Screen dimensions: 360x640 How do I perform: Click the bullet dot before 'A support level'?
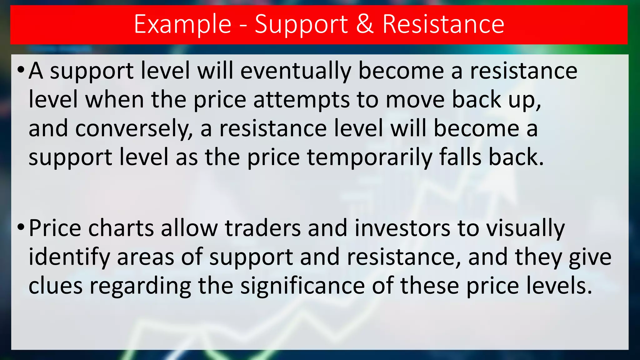21,69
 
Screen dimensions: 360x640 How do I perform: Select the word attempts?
301,100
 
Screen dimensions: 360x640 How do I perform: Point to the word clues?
56,286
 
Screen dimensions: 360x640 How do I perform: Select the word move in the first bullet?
415,100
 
